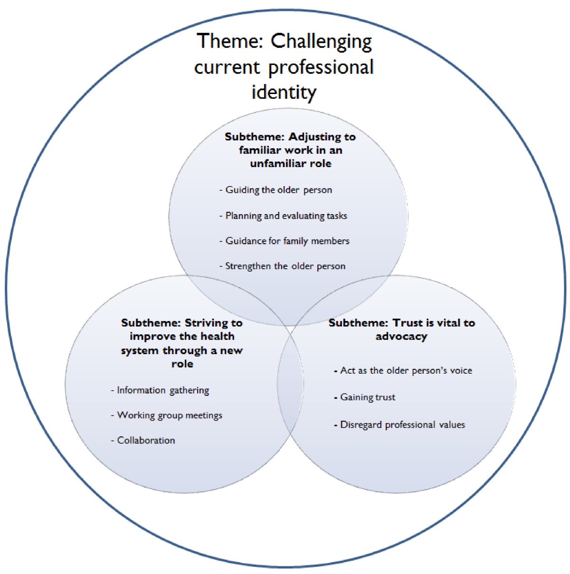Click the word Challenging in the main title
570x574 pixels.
coord(321,42)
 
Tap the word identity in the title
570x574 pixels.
coord(284,91)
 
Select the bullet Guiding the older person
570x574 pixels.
coord(278,190)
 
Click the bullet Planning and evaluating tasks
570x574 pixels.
coord(286,216)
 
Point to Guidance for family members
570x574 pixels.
coord(287,241)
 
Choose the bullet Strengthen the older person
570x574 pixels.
coord(285,266)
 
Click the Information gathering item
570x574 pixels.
coord(163,390)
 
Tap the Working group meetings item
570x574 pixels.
coord(170,415)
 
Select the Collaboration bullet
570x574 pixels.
coord(146,441)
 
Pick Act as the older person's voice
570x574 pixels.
coord(406,371)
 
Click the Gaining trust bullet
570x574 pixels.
coord(368,397)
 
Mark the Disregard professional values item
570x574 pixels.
coord(402,425)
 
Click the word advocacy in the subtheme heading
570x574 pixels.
coord(401,337)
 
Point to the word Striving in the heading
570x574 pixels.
coord(207,323)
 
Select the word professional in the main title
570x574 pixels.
coord(321,67)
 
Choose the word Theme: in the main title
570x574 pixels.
coord(230,42)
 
